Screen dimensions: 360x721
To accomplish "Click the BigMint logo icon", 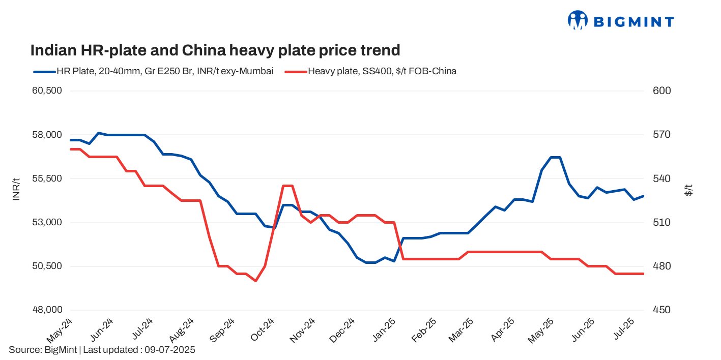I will [578, 20].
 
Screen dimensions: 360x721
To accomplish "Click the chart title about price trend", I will [215, 50].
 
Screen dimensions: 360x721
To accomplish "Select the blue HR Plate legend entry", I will [153, 71].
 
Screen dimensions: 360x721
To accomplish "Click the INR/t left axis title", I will [16, 190].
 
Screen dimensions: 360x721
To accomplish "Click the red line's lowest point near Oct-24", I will [255, 281].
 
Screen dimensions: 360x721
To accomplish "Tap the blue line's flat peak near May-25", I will [555, 157].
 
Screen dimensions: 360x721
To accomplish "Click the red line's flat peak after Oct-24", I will [287, 186].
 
